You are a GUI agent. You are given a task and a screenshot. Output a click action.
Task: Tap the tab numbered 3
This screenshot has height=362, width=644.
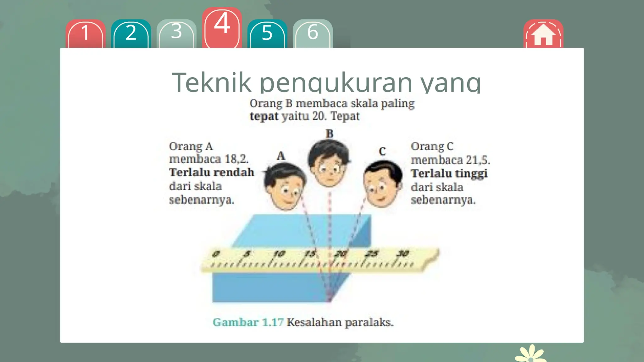(x=176, y=33)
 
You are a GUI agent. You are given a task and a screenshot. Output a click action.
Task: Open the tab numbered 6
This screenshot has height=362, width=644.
(x=313, y=33)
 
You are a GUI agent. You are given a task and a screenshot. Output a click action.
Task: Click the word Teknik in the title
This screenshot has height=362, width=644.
(x=211, y=82)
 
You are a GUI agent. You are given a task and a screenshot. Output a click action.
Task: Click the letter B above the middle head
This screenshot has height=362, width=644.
(x=329, y=134)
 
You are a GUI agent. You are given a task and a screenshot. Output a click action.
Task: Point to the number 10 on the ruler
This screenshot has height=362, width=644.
(x=279, y=254)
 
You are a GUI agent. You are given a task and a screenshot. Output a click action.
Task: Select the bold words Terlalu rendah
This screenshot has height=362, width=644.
(x=212, y=173)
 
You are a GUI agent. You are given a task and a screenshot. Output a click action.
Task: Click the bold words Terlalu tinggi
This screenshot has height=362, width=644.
(x=449, y=173)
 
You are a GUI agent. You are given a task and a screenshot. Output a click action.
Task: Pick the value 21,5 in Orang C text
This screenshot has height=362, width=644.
(x=478, y=160)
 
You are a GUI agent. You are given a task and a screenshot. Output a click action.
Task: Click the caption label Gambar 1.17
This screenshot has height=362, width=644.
(x=248, y=322)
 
